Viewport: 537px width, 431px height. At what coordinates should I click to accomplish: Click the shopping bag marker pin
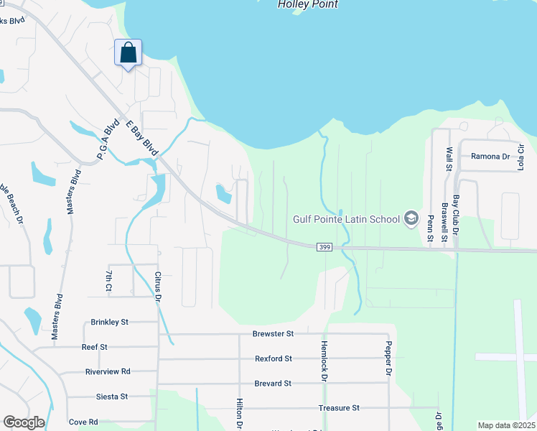[x=128, y=54]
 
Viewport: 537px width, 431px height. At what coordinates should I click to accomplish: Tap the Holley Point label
[x=308, y=5]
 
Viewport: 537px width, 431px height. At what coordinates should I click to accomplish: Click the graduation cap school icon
[x=411, y=218]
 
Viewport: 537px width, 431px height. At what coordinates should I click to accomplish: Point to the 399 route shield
[x=324, y=247]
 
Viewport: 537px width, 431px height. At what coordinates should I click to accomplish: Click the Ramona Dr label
[x=490, y=157]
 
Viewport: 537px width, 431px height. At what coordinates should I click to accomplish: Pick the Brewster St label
[x=273, y=334]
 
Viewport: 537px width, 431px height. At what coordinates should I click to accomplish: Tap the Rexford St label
[x=273, y=358]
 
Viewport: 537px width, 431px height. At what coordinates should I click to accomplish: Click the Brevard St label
[x=273, y=384]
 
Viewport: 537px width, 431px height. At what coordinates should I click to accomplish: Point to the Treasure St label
[x=339, y=408]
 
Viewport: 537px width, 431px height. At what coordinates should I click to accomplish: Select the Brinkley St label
[x=109, y=323]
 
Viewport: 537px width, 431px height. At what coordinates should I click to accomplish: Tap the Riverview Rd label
[x=108, y=371]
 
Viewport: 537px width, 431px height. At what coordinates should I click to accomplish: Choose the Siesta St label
[x=112, y=397]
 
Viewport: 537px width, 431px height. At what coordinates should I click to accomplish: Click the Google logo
[x=24, y=422]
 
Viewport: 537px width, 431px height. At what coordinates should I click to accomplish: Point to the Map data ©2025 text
[x=506, y=425]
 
